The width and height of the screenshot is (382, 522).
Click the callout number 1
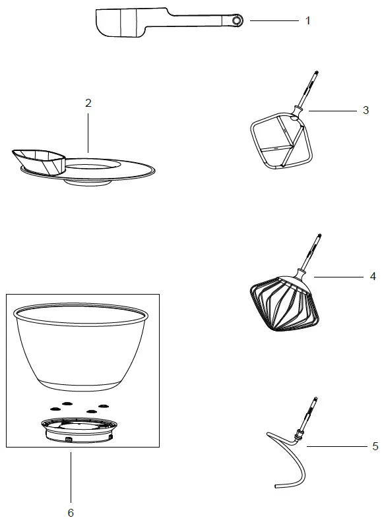click(x=307, y=20)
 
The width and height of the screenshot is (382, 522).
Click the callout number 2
click(x=88, y=103)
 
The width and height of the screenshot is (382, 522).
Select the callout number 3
click(x=366, y=111)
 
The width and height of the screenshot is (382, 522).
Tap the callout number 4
click(x=373, y=276)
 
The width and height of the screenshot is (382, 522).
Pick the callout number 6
click(x=71, y=511)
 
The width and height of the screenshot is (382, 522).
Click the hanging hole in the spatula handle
click(x=237, y=22)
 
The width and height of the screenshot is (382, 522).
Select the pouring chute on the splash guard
click(x=38, y=159)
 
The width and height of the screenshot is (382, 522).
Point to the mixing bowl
click(x=81, y=346)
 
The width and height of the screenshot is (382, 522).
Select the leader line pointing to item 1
click(x=273, y=21)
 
